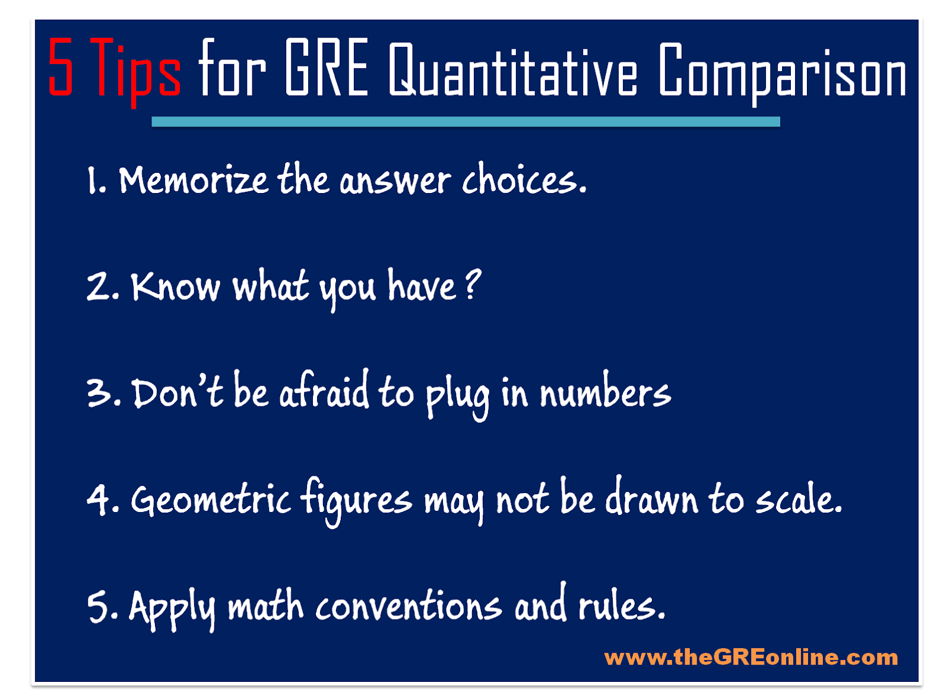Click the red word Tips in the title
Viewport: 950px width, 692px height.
point(136,72)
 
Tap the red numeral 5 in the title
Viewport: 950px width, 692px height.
point(61,67)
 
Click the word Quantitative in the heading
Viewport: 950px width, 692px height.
point(513,70)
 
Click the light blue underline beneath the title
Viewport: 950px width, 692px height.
point(465,122)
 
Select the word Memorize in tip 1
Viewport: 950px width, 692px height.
point(194,181)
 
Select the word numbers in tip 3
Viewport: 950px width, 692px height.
point(605,390)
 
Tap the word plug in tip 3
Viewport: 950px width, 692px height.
point(457,396)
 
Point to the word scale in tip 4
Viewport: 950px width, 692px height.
point(794,497)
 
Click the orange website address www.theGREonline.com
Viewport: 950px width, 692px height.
point(751,657)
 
